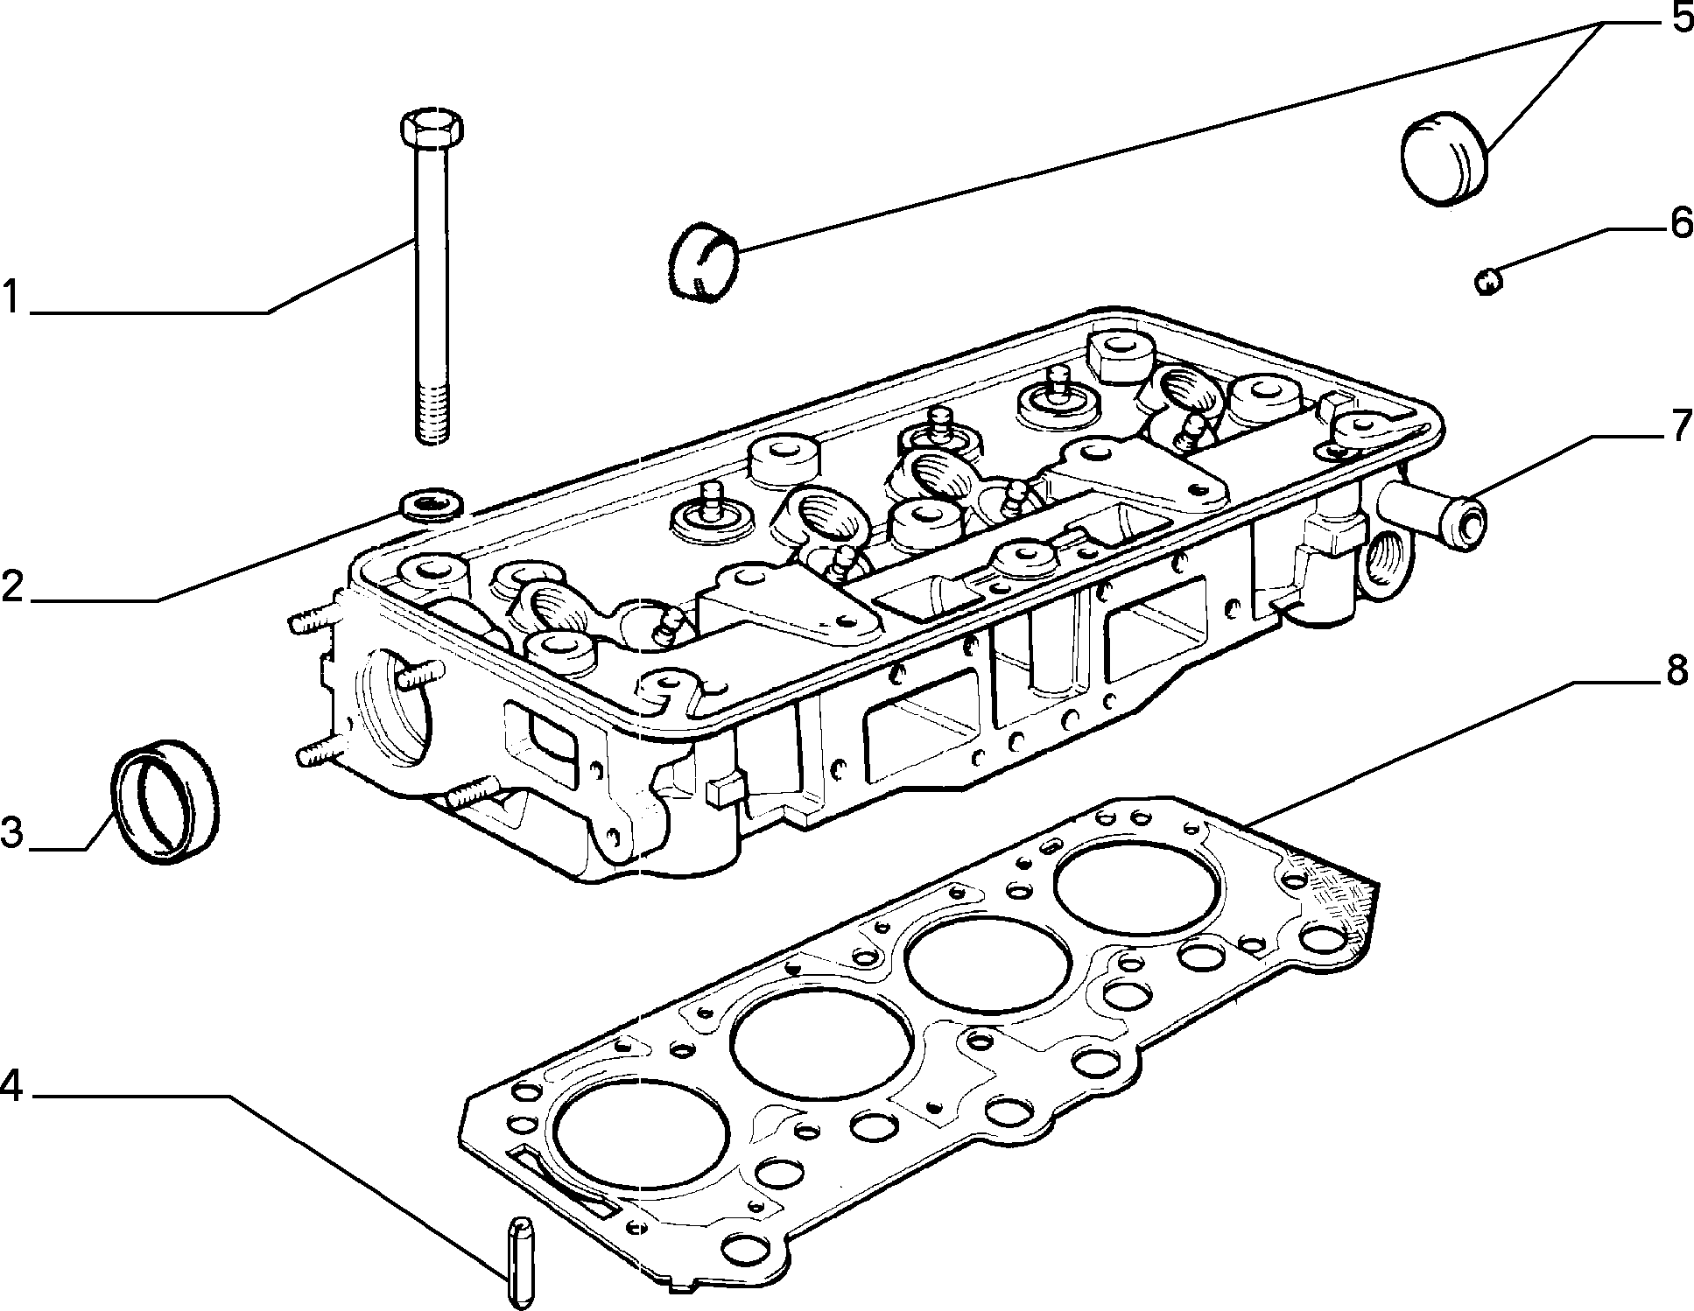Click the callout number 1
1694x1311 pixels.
tap(11, 297)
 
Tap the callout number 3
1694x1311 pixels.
tap(12, 832)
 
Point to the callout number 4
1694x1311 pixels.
tap(11, 1084)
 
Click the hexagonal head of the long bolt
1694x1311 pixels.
tap(432, 130)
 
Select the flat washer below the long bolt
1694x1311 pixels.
tap(431, 505)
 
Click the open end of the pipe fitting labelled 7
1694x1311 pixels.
tap(1466, 523)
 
